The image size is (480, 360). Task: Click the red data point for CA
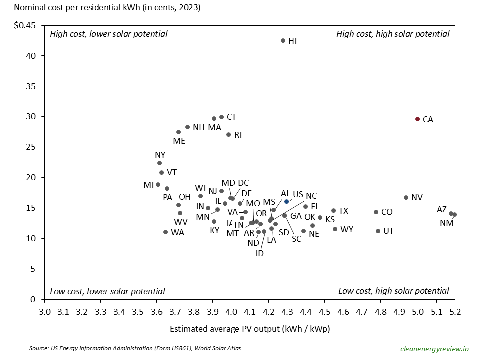coord(418,119)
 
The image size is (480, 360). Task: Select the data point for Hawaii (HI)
coord(283,41)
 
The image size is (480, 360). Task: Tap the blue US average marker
coord(287,201)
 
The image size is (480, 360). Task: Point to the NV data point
coord(406,198)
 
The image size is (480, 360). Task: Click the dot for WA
coord(166,232)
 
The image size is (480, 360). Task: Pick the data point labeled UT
coord(378,231)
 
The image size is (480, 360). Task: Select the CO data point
coord(376,212)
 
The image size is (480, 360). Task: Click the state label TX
coord(343,211)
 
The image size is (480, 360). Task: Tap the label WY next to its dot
coord(347,230)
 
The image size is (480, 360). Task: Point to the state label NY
coord(160,155)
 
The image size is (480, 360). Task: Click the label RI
coord(238,135)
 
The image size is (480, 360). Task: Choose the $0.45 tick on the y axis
coord(24,26)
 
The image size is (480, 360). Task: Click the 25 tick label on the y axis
coord(31,147)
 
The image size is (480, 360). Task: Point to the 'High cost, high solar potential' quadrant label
coord(393,34)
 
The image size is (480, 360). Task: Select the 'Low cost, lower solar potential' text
coord(107,291)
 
